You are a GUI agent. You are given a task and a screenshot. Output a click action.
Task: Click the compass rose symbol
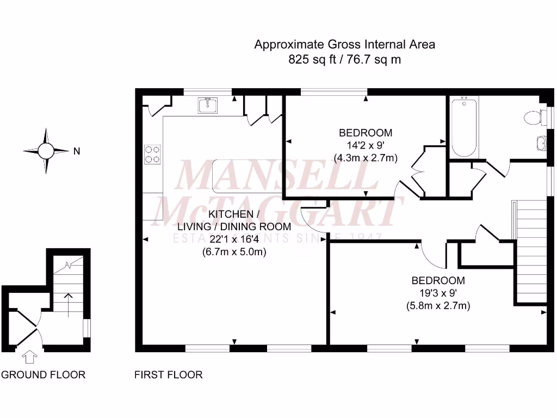click(46, 151)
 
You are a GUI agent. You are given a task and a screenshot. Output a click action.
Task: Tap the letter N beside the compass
click(77, 152)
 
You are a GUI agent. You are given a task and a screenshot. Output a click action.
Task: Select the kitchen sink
click(208, 105)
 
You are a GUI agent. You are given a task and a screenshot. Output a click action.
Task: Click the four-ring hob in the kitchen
click(152, 154)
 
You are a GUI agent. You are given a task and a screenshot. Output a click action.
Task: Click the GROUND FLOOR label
click(43, 374)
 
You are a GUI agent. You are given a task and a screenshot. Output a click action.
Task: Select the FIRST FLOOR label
click(168, 374)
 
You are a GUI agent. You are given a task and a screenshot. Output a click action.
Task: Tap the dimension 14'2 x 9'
click(366, 145)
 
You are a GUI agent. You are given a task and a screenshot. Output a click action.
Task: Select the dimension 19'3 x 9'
click(438, 293)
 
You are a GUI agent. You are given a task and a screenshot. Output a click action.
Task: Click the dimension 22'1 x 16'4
click(234, 239)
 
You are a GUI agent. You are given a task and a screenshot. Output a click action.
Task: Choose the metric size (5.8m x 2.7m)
click(438, 306)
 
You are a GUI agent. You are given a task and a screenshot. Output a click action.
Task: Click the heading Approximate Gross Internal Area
click(344, 45)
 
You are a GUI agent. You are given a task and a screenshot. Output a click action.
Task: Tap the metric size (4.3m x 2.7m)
click(366, 158)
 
